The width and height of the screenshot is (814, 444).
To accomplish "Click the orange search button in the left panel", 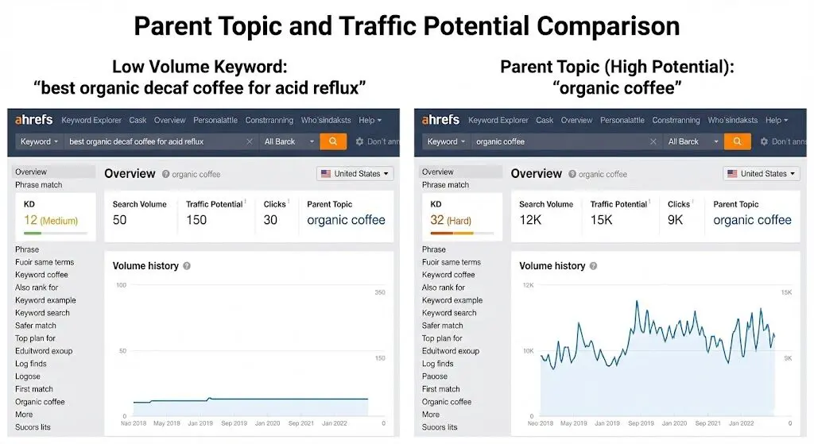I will [x=333, y=141].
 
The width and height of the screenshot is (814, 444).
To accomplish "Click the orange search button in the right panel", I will [x=738, y=141].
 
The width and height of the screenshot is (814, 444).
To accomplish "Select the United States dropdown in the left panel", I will [x=355, y=173].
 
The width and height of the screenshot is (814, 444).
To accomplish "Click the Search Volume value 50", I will [x=119, y=220].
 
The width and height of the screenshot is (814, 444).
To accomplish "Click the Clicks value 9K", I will [x=675, y=220].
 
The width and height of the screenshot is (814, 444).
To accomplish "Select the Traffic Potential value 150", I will [x=196, y=220].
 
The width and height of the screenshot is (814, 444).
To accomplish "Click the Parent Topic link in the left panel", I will [x=346, y=220].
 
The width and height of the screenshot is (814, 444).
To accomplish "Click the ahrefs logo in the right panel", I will [x=440, y=120].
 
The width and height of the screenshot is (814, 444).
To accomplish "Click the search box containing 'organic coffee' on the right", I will [x=560, y=141].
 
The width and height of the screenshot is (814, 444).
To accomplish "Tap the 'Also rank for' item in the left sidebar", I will [x=37, y=288].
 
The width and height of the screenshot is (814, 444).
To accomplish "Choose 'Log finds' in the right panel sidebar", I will [x=438, y=364].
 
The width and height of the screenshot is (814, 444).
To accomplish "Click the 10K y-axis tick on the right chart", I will [x=528, y=350].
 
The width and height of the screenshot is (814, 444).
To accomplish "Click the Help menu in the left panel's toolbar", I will [x=370, y=121].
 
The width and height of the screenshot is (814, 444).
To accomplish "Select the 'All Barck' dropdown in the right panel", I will [x=692, y=141].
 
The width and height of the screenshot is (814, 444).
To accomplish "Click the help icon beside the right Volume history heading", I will [x=593, y=266].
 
